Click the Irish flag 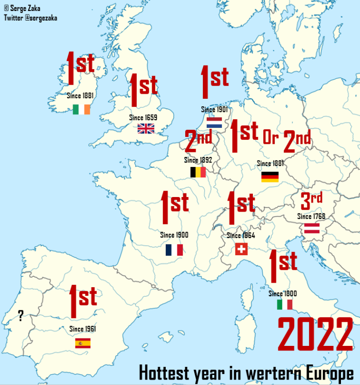point(81,109)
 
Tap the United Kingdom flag point(146,128)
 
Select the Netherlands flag point(214,122)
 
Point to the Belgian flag point(198,172)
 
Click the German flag point(270,176)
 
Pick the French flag point(174,250)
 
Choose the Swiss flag point(242,249)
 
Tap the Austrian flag point(312,229)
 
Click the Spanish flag point(83,343)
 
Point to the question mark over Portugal point(21,315)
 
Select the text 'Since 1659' point(143,117)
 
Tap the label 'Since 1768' point(311,217)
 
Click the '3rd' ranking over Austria point(311,201)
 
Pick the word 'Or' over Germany point(270,138)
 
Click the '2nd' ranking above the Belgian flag point(198,141)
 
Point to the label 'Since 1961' point(83,329)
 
